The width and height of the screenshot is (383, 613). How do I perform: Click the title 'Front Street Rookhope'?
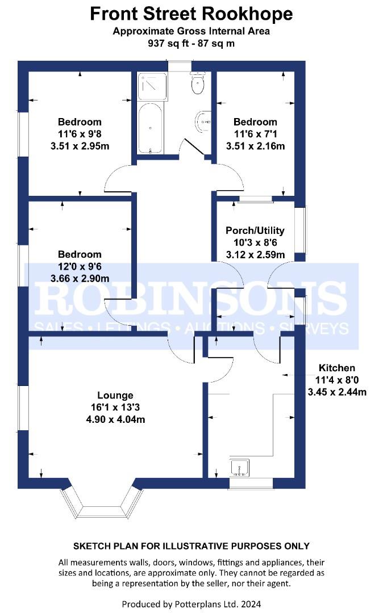191,14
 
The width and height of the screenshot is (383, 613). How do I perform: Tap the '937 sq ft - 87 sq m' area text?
191,43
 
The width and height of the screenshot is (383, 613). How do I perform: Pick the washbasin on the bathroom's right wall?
203,121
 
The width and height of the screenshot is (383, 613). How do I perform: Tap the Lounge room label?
115,396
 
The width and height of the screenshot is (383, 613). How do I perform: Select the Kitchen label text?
336,368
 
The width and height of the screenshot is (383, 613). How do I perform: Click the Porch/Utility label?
255,231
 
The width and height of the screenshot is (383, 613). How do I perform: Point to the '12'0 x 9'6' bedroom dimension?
80,266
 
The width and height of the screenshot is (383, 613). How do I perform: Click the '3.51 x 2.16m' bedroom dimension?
255,146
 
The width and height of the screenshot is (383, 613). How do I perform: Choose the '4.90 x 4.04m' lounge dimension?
115,419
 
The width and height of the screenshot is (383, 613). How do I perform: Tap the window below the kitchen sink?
251,483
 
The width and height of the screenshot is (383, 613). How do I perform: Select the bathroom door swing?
191,149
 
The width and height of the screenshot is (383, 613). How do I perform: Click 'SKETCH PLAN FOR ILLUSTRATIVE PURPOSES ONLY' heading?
191,546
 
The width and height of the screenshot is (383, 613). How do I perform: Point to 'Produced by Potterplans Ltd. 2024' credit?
191,603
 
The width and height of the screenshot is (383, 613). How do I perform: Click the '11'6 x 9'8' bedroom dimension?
80,134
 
